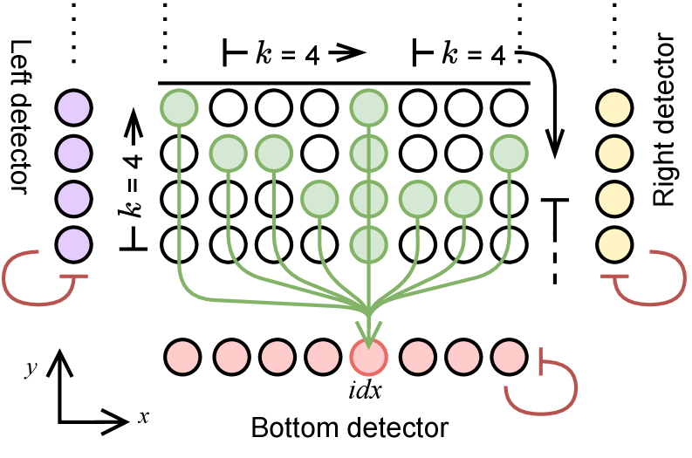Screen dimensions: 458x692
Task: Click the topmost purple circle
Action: [x=74, y=108]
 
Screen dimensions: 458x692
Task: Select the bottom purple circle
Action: [x=74, y=244]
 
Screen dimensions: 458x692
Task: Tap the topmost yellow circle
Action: [x=614, y=108]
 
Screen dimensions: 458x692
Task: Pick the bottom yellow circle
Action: [x=614, y=244]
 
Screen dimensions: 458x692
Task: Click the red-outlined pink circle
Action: [x=368, y=358]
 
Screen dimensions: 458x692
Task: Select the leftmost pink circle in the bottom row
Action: [x=183, y=357]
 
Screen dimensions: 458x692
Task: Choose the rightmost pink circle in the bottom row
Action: [x=509, y=357]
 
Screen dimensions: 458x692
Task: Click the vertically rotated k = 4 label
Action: [x=134, y=186]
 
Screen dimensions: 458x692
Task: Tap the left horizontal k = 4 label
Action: [x=288, y=56]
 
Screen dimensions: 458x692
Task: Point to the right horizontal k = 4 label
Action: [x=475, y=56]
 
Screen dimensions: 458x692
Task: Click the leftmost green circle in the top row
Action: [x=179, y=108]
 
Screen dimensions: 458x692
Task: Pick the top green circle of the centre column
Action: [x=368, y=108]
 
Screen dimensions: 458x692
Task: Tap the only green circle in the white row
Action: [x=368, y=244]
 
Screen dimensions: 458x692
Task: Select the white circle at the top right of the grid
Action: [x=509, y=108]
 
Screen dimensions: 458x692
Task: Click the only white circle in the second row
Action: [x=463, y=154]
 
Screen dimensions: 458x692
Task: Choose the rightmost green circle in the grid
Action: [x=509, y=154]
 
